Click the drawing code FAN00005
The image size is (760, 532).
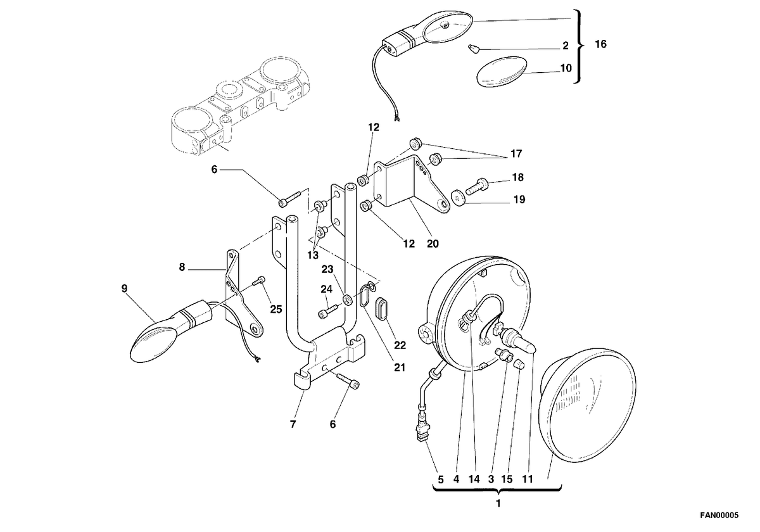[719, 516]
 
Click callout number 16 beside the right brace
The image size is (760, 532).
[600, 44]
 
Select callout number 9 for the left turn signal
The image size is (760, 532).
[124, 289]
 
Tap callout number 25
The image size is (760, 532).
[276, 309]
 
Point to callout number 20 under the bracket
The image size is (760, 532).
[433, 244]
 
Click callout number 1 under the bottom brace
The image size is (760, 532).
[498, 504]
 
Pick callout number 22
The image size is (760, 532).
[400, 345]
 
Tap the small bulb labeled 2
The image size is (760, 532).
[473, 49]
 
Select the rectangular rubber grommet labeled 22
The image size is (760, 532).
[382, 308]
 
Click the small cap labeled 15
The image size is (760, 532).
[519, 365]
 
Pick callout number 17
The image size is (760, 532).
[516, 154]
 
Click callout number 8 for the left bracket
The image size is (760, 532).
[182, 267]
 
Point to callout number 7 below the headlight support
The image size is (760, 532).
[293, 424]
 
